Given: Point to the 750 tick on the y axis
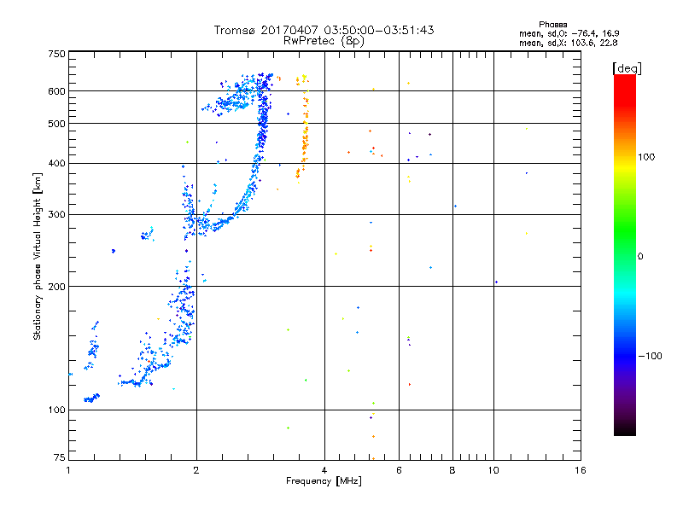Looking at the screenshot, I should click(x=56, y=53).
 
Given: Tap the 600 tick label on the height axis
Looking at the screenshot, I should click(x=56, y=91).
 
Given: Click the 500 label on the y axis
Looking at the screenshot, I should click(x=56, y=124).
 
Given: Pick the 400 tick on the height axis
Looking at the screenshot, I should click(x=56, y=164).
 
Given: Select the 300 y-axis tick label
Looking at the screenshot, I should click(x=56, y=215).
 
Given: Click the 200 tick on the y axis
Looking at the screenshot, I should click(x=56, y=287).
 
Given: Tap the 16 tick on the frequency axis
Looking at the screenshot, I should click(x=580, y=470).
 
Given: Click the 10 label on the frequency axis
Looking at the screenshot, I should click(x=493, y=470).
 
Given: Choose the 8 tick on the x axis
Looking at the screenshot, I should click(x=452, y=470).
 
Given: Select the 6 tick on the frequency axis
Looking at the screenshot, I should click(x=399, y=470).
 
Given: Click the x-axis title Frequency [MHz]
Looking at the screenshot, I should click(x=324, y=481).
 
